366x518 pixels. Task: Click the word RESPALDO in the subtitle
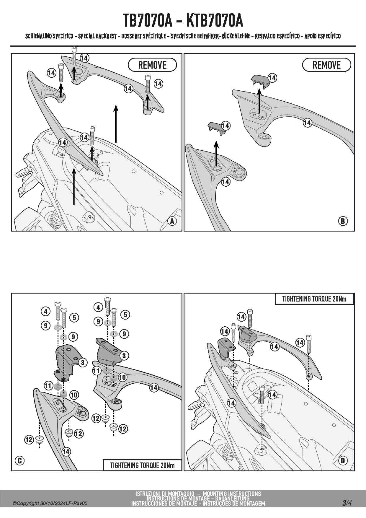tap(267, 36)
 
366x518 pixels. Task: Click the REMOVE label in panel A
tap(152, 65)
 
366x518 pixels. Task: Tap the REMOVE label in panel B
tap(326, 65)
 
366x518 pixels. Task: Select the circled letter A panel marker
tap(172, 221)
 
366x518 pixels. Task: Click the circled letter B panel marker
tap(343, 221)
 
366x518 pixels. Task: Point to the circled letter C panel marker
tap(20, 460)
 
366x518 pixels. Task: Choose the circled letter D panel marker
tap(343, 460)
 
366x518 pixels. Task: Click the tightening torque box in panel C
tap(142, 465)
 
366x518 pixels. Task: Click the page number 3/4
tap(347, 503)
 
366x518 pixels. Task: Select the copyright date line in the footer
tap(50, 503)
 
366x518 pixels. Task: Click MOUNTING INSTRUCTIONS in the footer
tap(232, 493)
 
